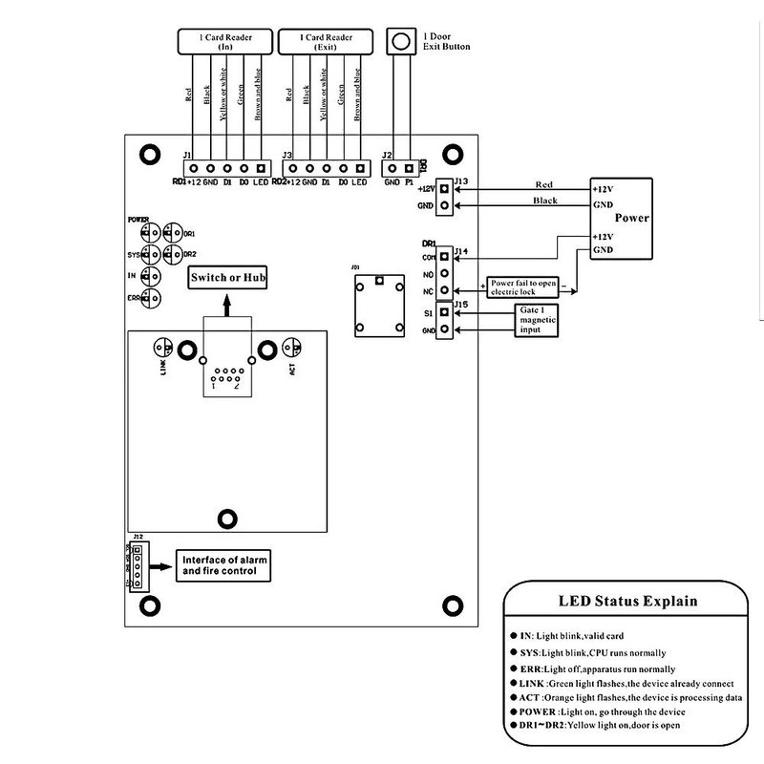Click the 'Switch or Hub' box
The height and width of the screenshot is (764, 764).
tap(226, 278)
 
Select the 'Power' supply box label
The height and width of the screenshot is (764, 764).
tap(631, 218)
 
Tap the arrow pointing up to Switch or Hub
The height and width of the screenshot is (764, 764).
tap(226, 304)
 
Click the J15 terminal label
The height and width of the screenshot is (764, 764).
tap(460, 305)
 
